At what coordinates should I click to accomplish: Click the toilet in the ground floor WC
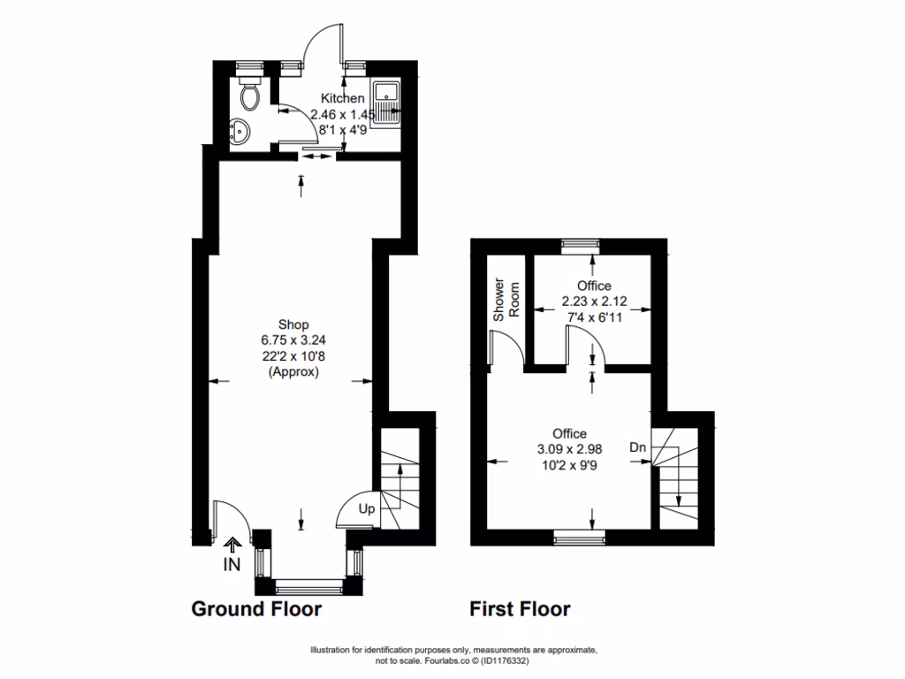click(250, 95)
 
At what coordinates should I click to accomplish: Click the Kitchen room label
click(342, 98)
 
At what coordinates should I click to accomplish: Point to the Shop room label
click(293, 324)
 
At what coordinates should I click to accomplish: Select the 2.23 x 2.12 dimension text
click(594, 301)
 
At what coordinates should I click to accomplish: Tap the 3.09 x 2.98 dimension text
click(569, 449)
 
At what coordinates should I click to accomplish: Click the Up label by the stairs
click(366, 509)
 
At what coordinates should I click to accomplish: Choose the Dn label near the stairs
click(637, 448)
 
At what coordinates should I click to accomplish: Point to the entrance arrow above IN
click(233, 545)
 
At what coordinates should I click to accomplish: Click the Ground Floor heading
click(256, 609)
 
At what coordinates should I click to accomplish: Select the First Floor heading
click(520, 609)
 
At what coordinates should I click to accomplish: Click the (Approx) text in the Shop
click(293, 372)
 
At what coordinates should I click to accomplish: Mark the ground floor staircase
click(401, 477)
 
